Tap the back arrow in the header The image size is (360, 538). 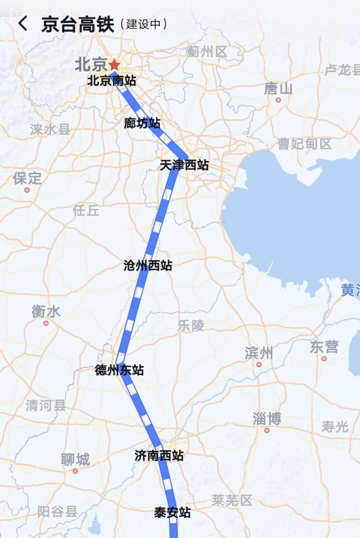(23, 24)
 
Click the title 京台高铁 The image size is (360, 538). (77, 24)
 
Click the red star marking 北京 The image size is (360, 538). (114, 65)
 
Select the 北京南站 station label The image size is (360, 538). (111, 81)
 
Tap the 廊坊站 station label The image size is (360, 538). (142, 123)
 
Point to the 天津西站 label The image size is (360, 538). (184, 165)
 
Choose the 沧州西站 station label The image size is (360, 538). (147, 265)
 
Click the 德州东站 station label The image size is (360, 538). (119, 370)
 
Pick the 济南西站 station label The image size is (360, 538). (159, 456)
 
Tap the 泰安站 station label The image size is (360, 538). (172, 513)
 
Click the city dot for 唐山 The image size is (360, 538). (278, 100)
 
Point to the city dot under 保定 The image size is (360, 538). (27, 189)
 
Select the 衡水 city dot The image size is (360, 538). (46, 323)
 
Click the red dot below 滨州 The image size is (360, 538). (259, 365)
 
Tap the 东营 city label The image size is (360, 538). (324, 347)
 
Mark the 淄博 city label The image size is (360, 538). (267, 418)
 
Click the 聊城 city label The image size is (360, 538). (75, 459)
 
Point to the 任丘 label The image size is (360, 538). (86, 210)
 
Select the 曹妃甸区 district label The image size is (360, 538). (305, 144)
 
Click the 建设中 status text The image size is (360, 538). (143, 24)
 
